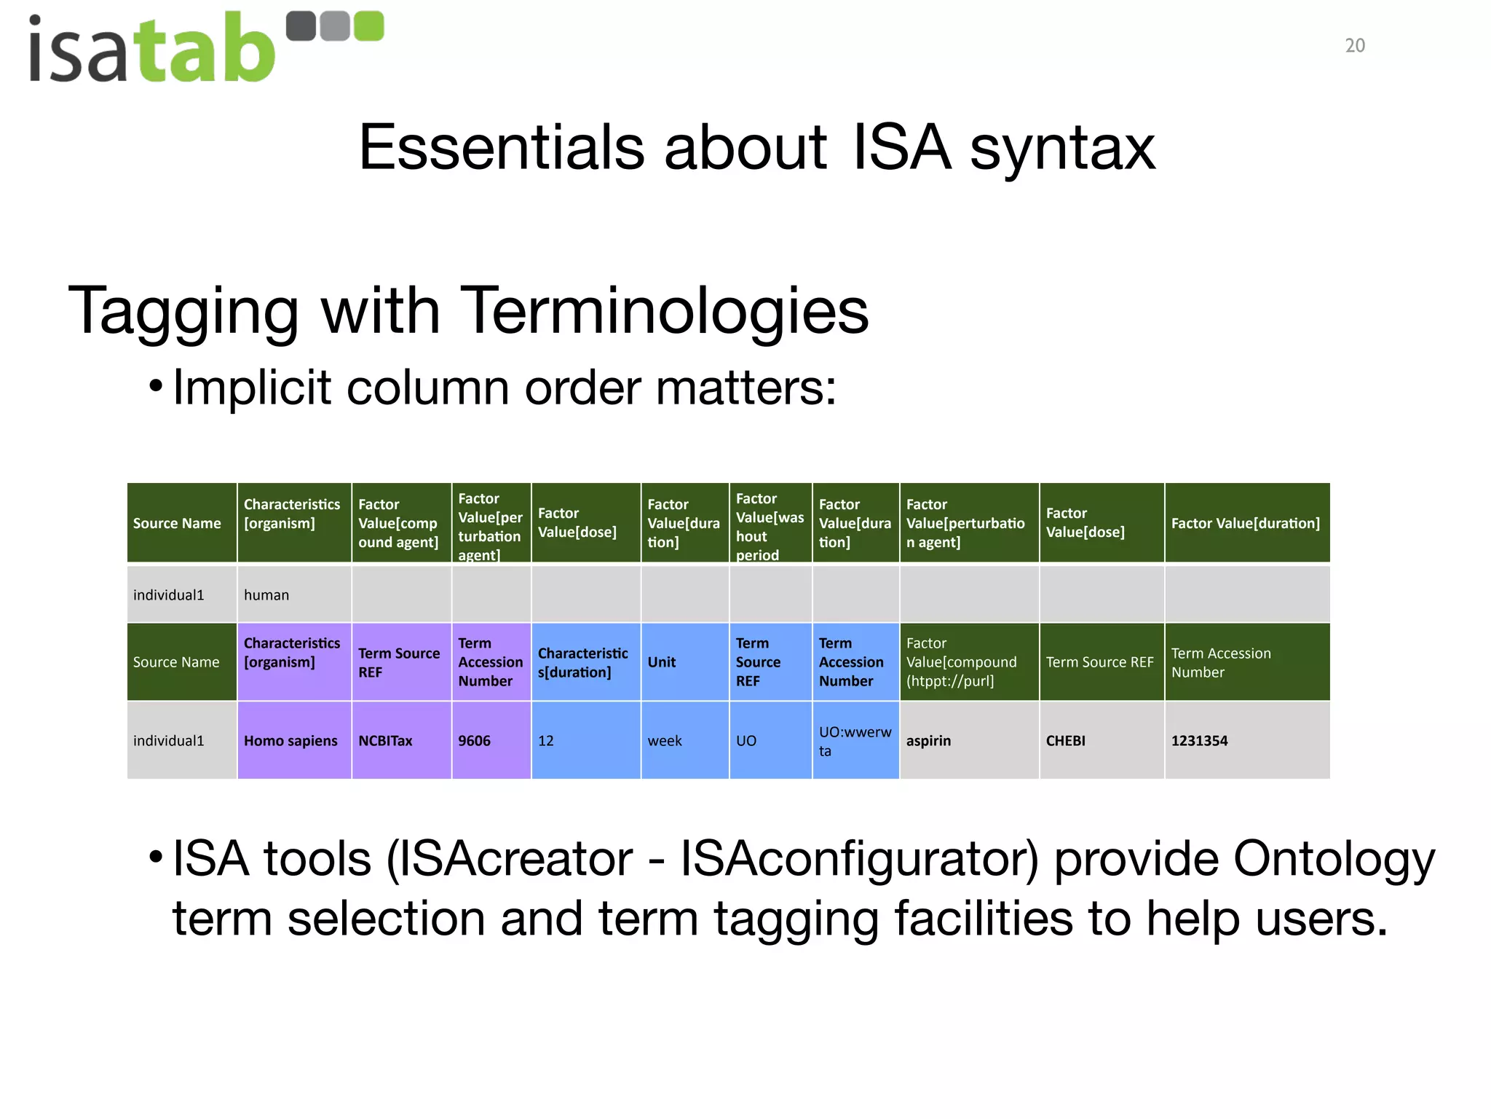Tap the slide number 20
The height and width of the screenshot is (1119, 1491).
(x=1354, y=46)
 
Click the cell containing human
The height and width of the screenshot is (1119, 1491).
(x=293, y=594)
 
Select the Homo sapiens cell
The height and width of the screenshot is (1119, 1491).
(x=293, y=740)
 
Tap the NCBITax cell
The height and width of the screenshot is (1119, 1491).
(x=400, y=740)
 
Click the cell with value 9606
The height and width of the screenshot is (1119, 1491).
(x=490, y=740)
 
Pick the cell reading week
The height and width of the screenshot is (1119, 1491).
(x=684, y=740)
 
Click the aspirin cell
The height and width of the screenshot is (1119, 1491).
(x=968, y=740)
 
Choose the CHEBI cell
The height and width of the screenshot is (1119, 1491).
(x=1101, y=740)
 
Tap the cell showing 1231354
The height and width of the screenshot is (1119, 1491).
(x=1246, y=740)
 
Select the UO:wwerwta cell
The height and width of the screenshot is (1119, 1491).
(x=855, y=740)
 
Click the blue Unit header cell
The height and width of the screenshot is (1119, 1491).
(x=684, y=661)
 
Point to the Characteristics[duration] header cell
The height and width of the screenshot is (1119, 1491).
(x=585, y=661)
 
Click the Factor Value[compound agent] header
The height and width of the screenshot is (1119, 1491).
(x=400, y=523)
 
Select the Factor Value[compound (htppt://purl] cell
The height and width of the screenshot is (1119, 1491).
(x=968, y=661)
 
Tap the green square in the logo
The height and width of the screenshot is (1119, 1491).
(x=368, y=26)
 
